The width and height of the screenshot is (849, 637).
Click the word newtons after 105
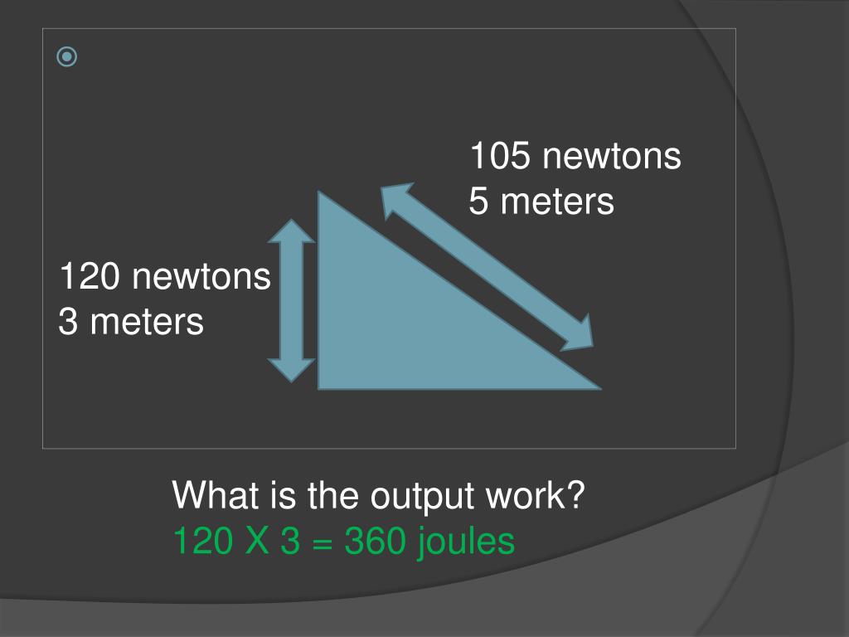coord(611,156)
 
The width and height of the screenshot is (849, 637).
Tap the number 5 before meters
coord(479,201)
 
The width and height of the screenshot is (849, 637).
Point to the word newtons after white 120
coord(201,276)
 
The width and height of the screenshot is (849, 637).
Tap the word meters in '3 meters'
coord(147,321)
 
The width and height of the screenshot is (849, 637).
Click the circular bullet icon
coord(67,57)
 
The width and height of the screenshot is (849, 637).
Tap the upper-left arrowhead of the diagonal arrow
coord(394,199)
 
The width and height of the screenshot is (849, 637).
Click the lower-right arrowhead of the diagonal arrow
coord(580,332)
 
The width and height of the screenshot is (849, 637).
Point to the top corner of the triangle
coord(320,196)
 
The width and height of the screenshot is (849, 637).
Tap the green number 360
coord(375,542)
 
